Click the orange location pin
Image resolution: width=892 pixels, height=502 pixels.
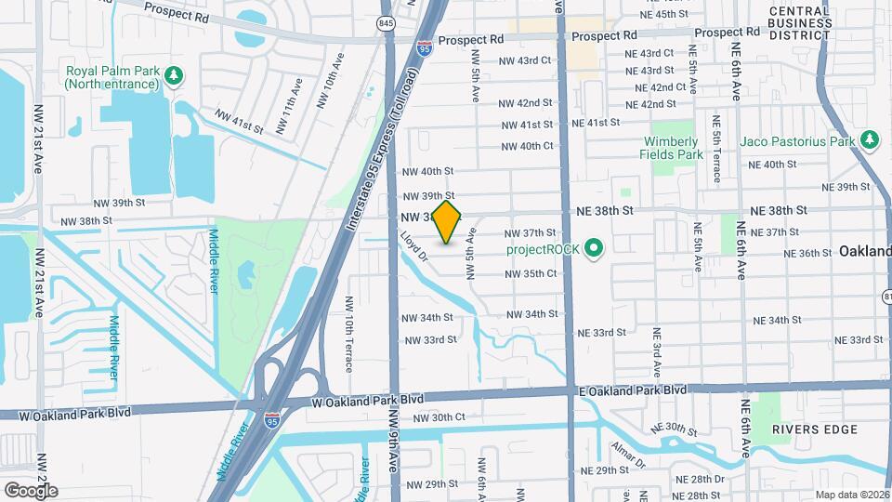(x=447, y=223)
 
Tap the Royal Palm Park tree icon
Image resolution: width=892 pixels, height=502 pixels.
(x=172, y=73)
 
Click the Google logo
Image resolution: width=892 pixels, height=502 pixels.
(x=31, y=490)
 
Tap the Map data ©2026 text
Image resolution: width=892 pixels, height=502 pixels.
(x=852, y=495)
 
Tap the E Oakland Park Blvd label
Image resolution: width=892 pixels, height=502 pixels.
(x=632, y=390)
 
